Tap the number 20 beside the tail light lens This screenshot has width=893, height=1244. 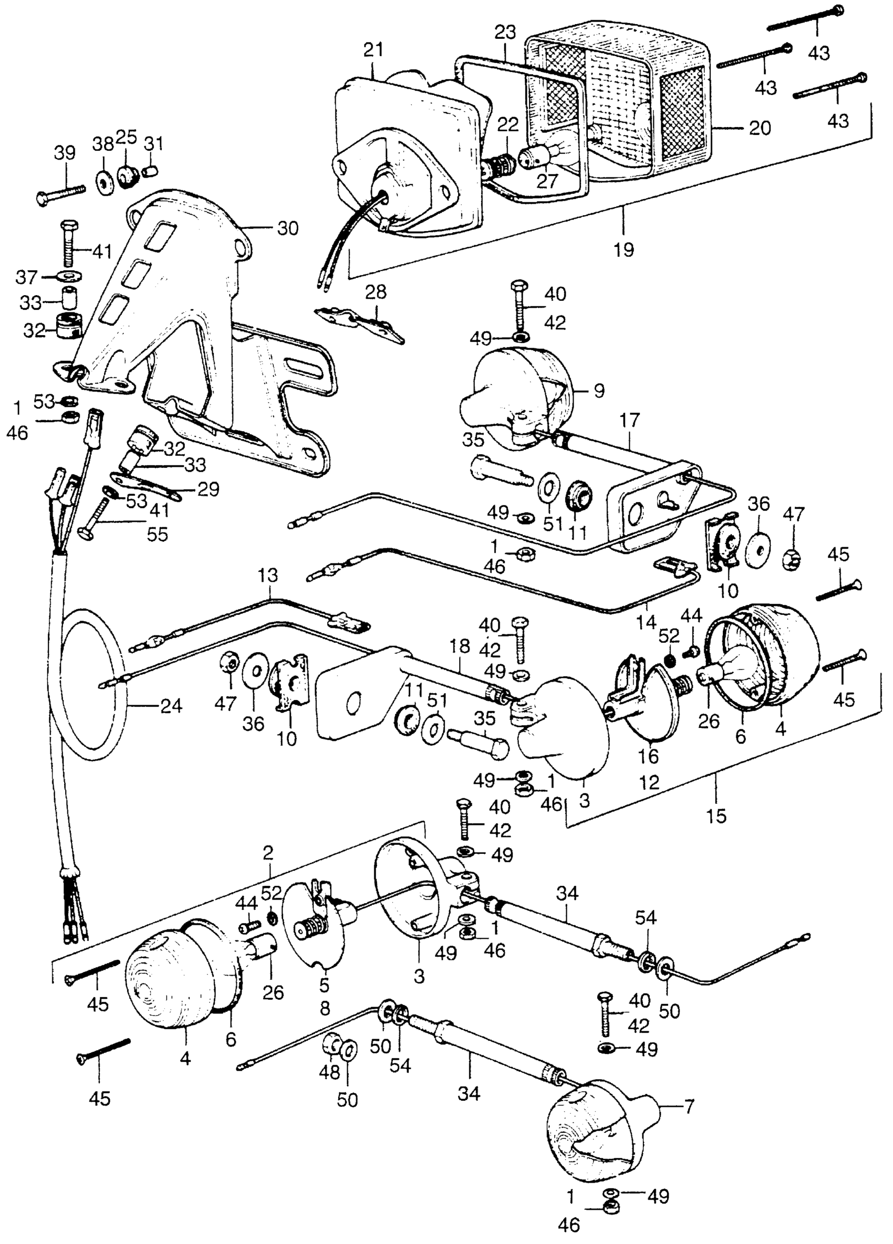pos(759,128)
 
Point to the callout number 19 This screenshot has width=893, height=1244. pos(624,249)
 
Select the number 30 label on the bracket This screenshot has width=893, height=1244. pos(287,228)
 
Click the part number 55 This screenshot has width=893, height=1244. pos(157,534)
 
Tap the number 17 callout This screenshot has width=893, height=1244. pos(630,421)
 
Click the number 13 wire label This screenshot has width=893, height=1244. pos(268,576)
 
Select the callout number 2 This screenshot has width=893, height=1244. pos(268,853)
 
